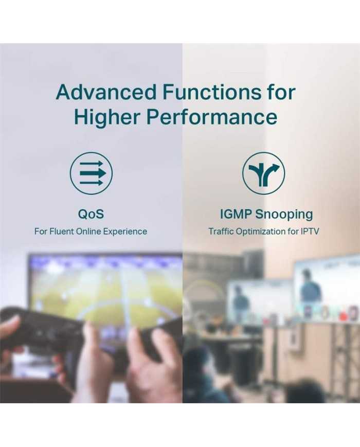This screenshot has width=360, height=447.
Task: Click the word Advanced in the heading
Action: click(x=106, y=92)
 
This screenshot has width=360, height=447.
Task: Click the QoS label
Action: click(x=91, y=214)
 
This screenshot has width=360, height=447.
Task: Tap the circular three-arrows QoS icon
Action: click(x=91, y=173)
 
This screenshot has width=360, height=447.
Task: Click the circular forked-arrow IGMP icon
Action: click(x=264, y=173)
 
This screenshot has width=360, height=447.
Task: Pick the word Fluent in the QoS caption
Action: click(x=62, y=231)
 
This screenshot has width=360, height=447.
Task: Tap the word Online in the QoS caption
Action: click(x=88, y=231)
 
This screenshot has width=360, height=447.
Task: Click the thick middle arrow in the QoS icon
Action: click(x=93, y=173)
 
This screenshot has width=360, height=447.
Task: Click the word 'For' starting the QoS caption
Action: click(x=41, y=231)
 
